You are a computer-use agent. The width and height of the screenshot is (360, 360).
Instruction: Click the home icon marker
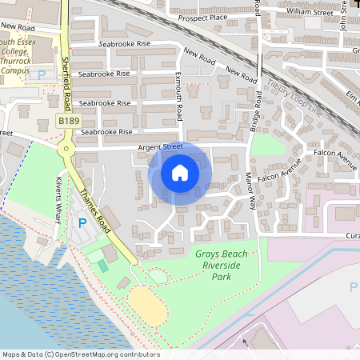[x=180, y=173]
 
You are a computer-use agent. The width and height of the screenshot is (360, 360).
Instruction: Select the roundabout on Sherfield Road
[x=65, y=148]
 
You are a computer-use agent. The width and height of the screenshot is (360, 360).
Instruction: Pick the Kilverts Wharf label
[x=59, y=193]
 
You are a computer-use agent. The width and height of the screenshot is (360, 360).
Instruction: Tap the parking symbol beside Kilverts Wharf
[x=82, y=222]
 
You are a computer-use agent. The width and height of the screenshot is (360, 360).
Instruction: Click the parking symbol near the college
[x=42, y=74]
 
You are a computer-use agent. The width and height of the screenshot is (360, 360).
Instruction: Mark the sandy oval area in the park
[x=146, y=303]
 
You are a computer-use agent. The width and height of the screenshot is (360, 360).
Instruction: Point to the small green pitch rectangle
[x=102, y=265]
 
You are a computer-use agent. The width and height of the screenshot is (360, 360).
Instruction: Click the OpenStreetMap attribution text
[x=80, y=354]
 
